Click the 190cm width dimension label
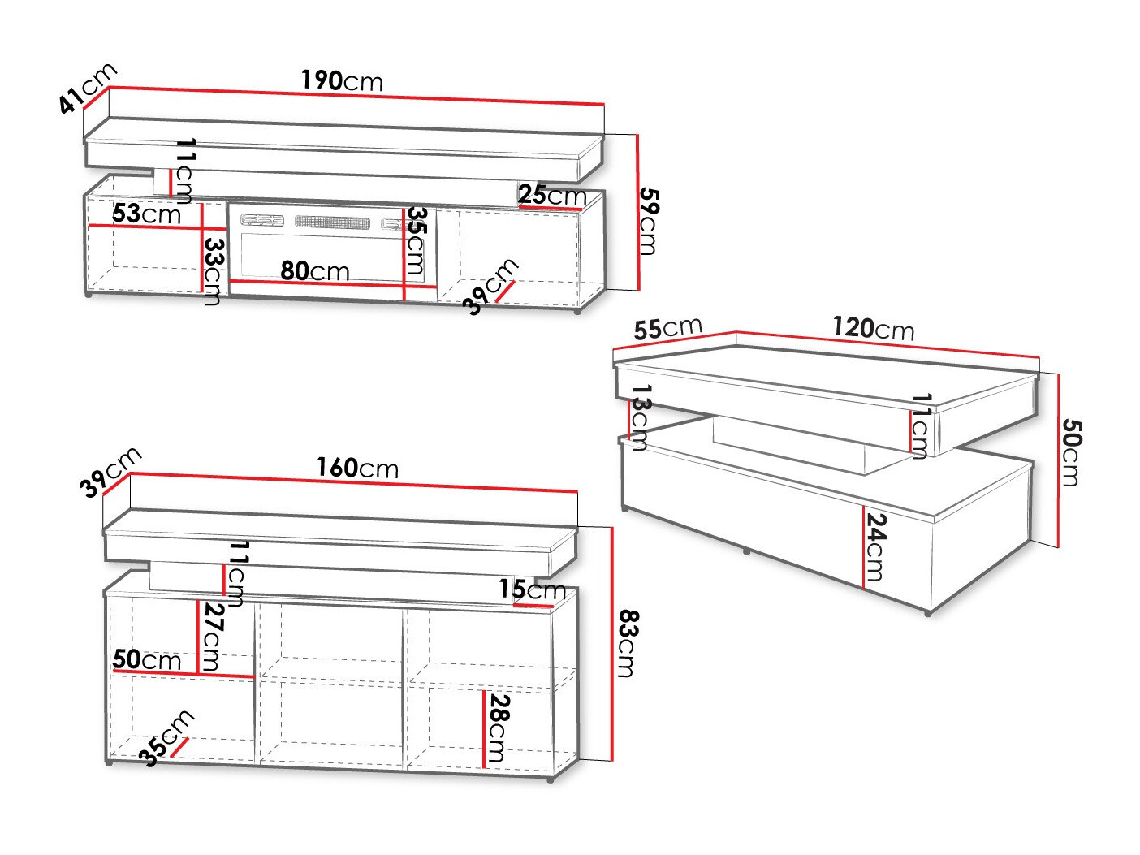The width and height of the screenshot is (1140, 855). (342, 80)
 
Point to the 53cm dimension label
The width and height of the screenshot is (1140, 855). (146, 214)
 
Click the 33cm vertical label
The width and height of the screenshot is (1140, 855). (213, 271)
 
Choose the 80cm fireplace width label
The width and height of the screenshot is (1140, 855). (315, 271)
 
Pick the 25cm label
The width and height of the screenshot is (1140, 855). (552, 195)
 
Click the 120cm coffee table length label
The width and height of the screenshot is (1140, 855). (874, 329)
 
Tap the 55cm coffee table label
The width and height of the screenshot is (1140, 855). (668, 328)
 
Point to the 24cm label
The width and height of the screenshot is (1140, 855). (874, 547)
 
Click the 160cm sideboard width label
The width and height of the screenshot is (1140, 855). (357, 469)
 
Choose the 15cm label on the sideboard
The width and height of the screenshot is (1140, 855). (533, 589)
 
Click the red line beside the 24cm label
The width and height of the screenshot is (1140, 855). (863, 547)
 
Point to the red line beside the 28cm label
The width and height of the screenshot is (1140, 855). (484, 729)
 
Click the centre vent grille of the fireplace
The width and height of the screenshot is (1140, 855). (332, 222)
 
